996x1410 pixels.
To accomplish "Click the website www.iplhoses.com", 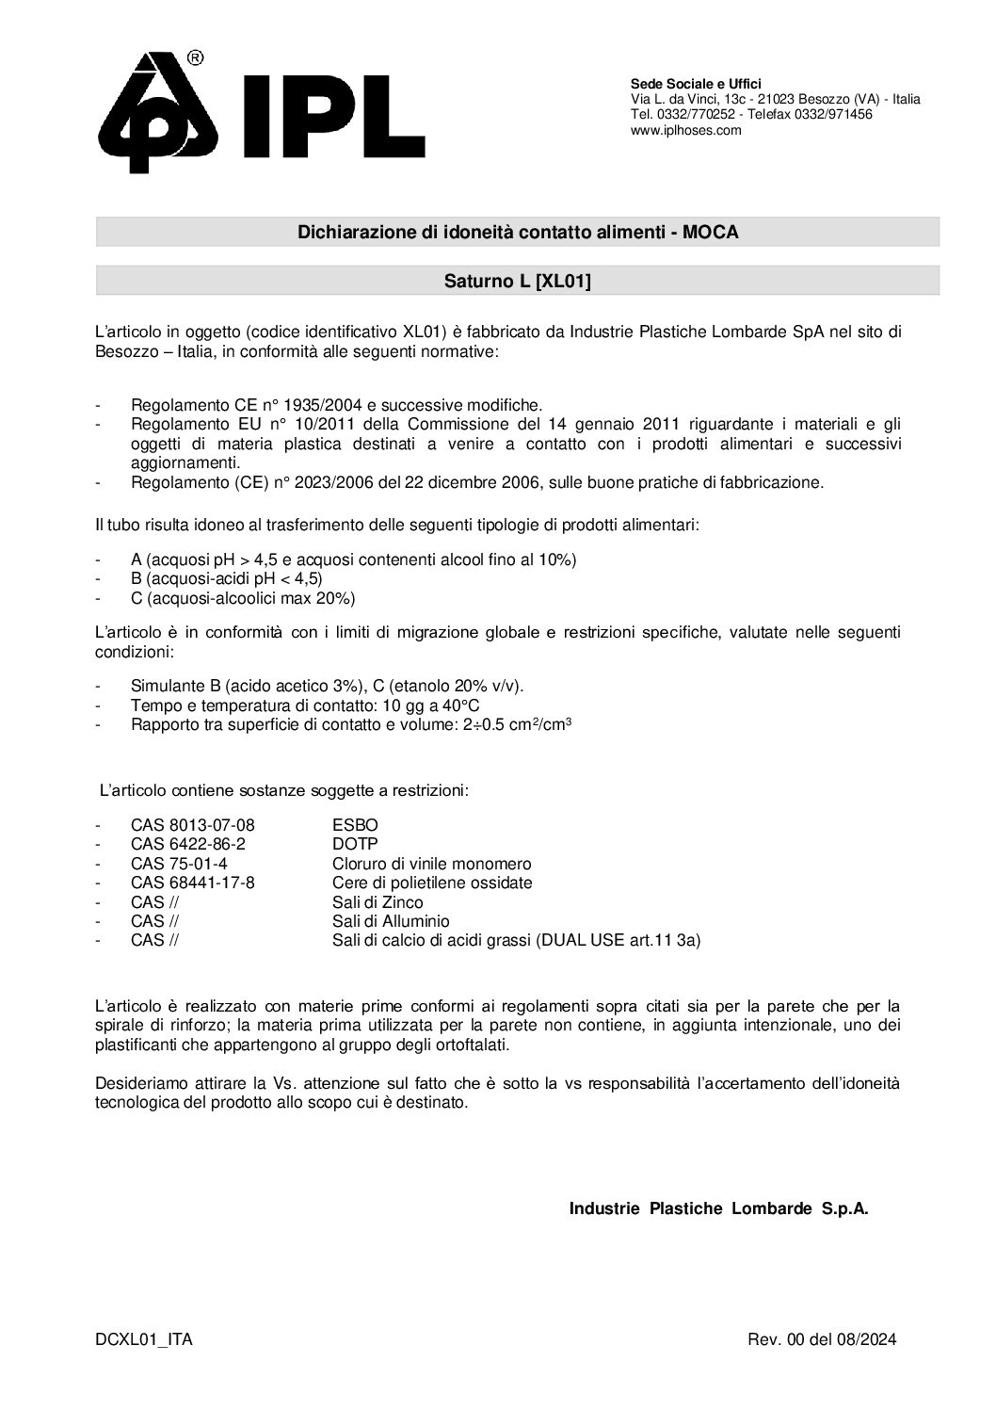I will [x=685, y=131].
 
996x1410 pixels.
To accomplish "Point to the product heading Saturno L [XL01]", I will [x=517, y=281].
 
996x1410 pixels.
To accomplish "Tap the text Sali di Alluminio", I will [x=391, y=921].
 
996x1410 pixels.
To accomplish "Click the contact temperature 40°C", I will [x=464, y=705].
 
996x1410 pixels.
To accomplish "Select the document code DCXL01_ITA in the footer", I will [x=144, y=1340].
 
